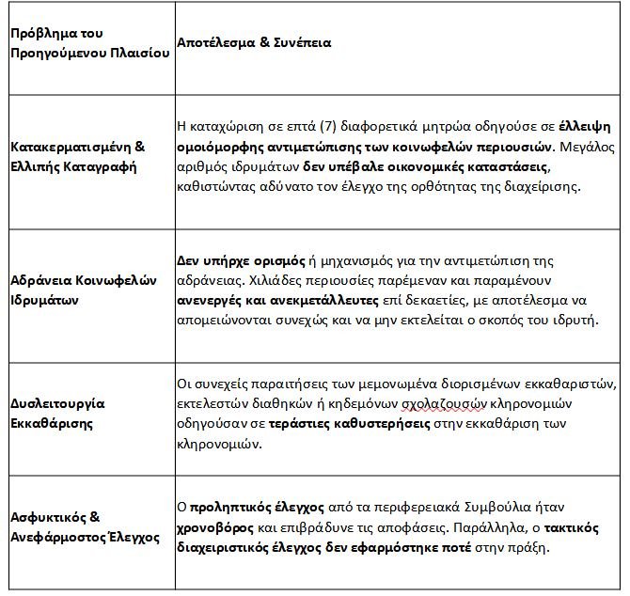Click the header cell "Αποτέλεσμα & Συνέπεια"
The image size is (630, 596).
(x=253, y=43)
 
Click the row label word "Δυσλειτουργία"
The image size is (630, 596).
(x=58, y=403)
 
